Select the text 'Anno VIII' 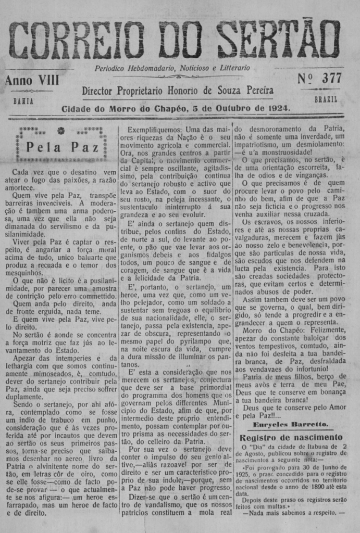coord(32,80)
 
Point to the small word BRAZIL coord(326,99)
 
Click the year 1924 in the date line coord(280,108)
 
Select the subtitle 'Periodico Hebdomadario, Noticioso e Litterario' coord(172,68)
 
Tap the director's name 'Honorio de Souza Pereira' coord(220,91)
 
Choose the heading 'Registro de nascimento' coord(291,437)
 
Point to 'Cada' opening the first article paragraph coord(21,172)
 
